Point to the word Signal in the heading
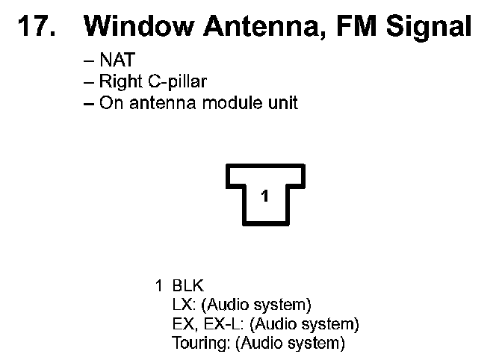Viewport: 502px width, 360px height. (x=431, y=28)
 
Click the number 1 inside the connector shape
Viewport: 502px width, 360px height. (x=264, y=196)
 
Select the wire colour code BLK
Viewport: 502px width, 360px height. (x=188, y=285)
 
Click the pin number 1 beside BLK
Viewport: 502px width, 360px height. (x=158, y=285)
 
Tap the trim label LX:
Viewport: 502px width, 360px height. (x=184, y=305)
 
